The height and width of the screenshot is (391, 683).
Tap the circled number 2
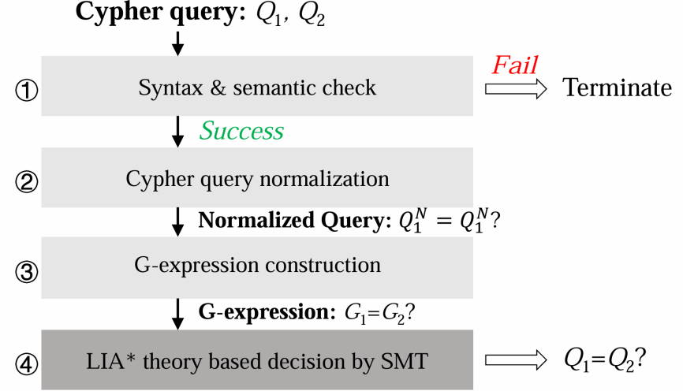click(26, 182)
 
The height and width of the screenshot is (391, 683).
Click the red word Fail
click(515, 64)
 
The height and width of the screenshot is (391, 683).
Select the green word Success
click(241, 130)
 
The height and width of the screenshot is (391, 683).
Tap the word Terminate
click(617, 88)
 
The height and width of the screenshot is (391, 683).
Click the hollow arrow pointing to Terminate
click(515, 89)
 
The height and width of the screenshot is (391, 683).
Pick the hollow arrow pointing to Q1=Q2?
click(515, 360)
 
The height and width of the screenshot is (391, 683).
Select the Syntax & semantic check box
click(257, 87)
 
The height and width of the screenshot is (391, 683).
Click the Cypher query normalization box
click(257, 178)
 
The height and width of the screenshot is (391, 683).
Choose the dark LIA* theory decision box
click(257, 360)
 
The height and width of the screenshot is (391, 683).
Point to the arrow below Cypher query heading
click(178, 43)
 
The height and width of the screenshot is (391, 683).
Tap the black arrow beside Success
click(178, 131)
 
